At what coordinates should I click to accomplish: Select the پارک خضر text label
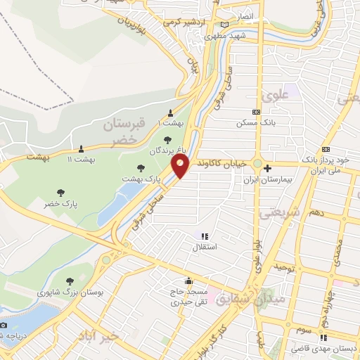59,203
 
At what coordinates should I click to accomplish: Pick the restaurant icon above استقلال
205,237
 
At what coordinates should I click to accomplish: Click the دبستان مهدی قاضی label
328,349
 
